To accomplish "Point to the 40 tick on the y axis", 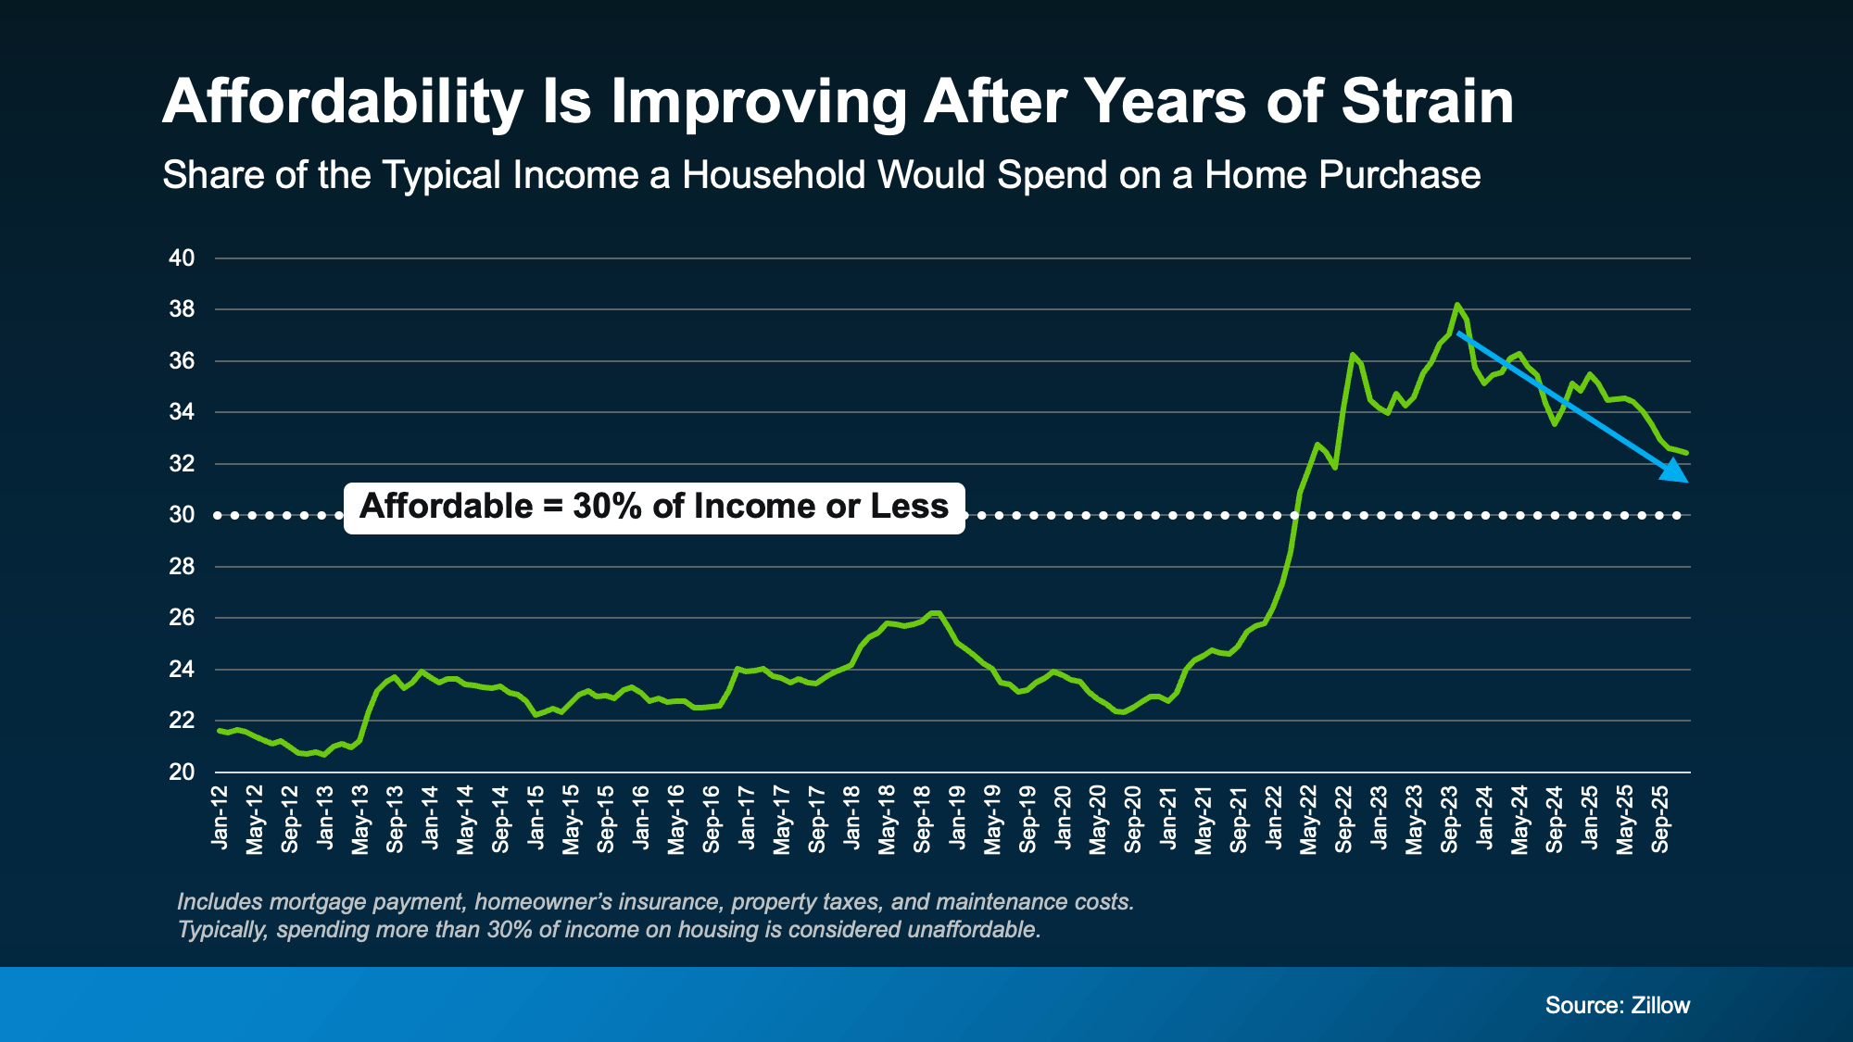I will pos(182,258).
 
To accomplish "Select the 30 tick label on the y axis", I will pos(182,515).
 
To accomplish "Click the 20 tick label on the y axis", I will pos(182,772).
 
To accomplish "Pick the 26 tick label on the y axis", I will pos(182,618).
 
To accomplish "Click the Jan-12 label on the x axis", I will pos(220,817).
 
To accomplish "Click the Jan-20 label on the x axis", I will pos(1063,817).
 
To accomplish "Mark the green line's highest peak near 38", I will pos(1457,304).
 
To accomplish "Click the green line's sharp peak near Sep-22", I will pos(1352,354).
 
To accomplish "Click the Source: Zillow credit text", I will pos(1617,1005).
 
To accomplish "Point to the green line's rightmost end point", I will pos(1686,453).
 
